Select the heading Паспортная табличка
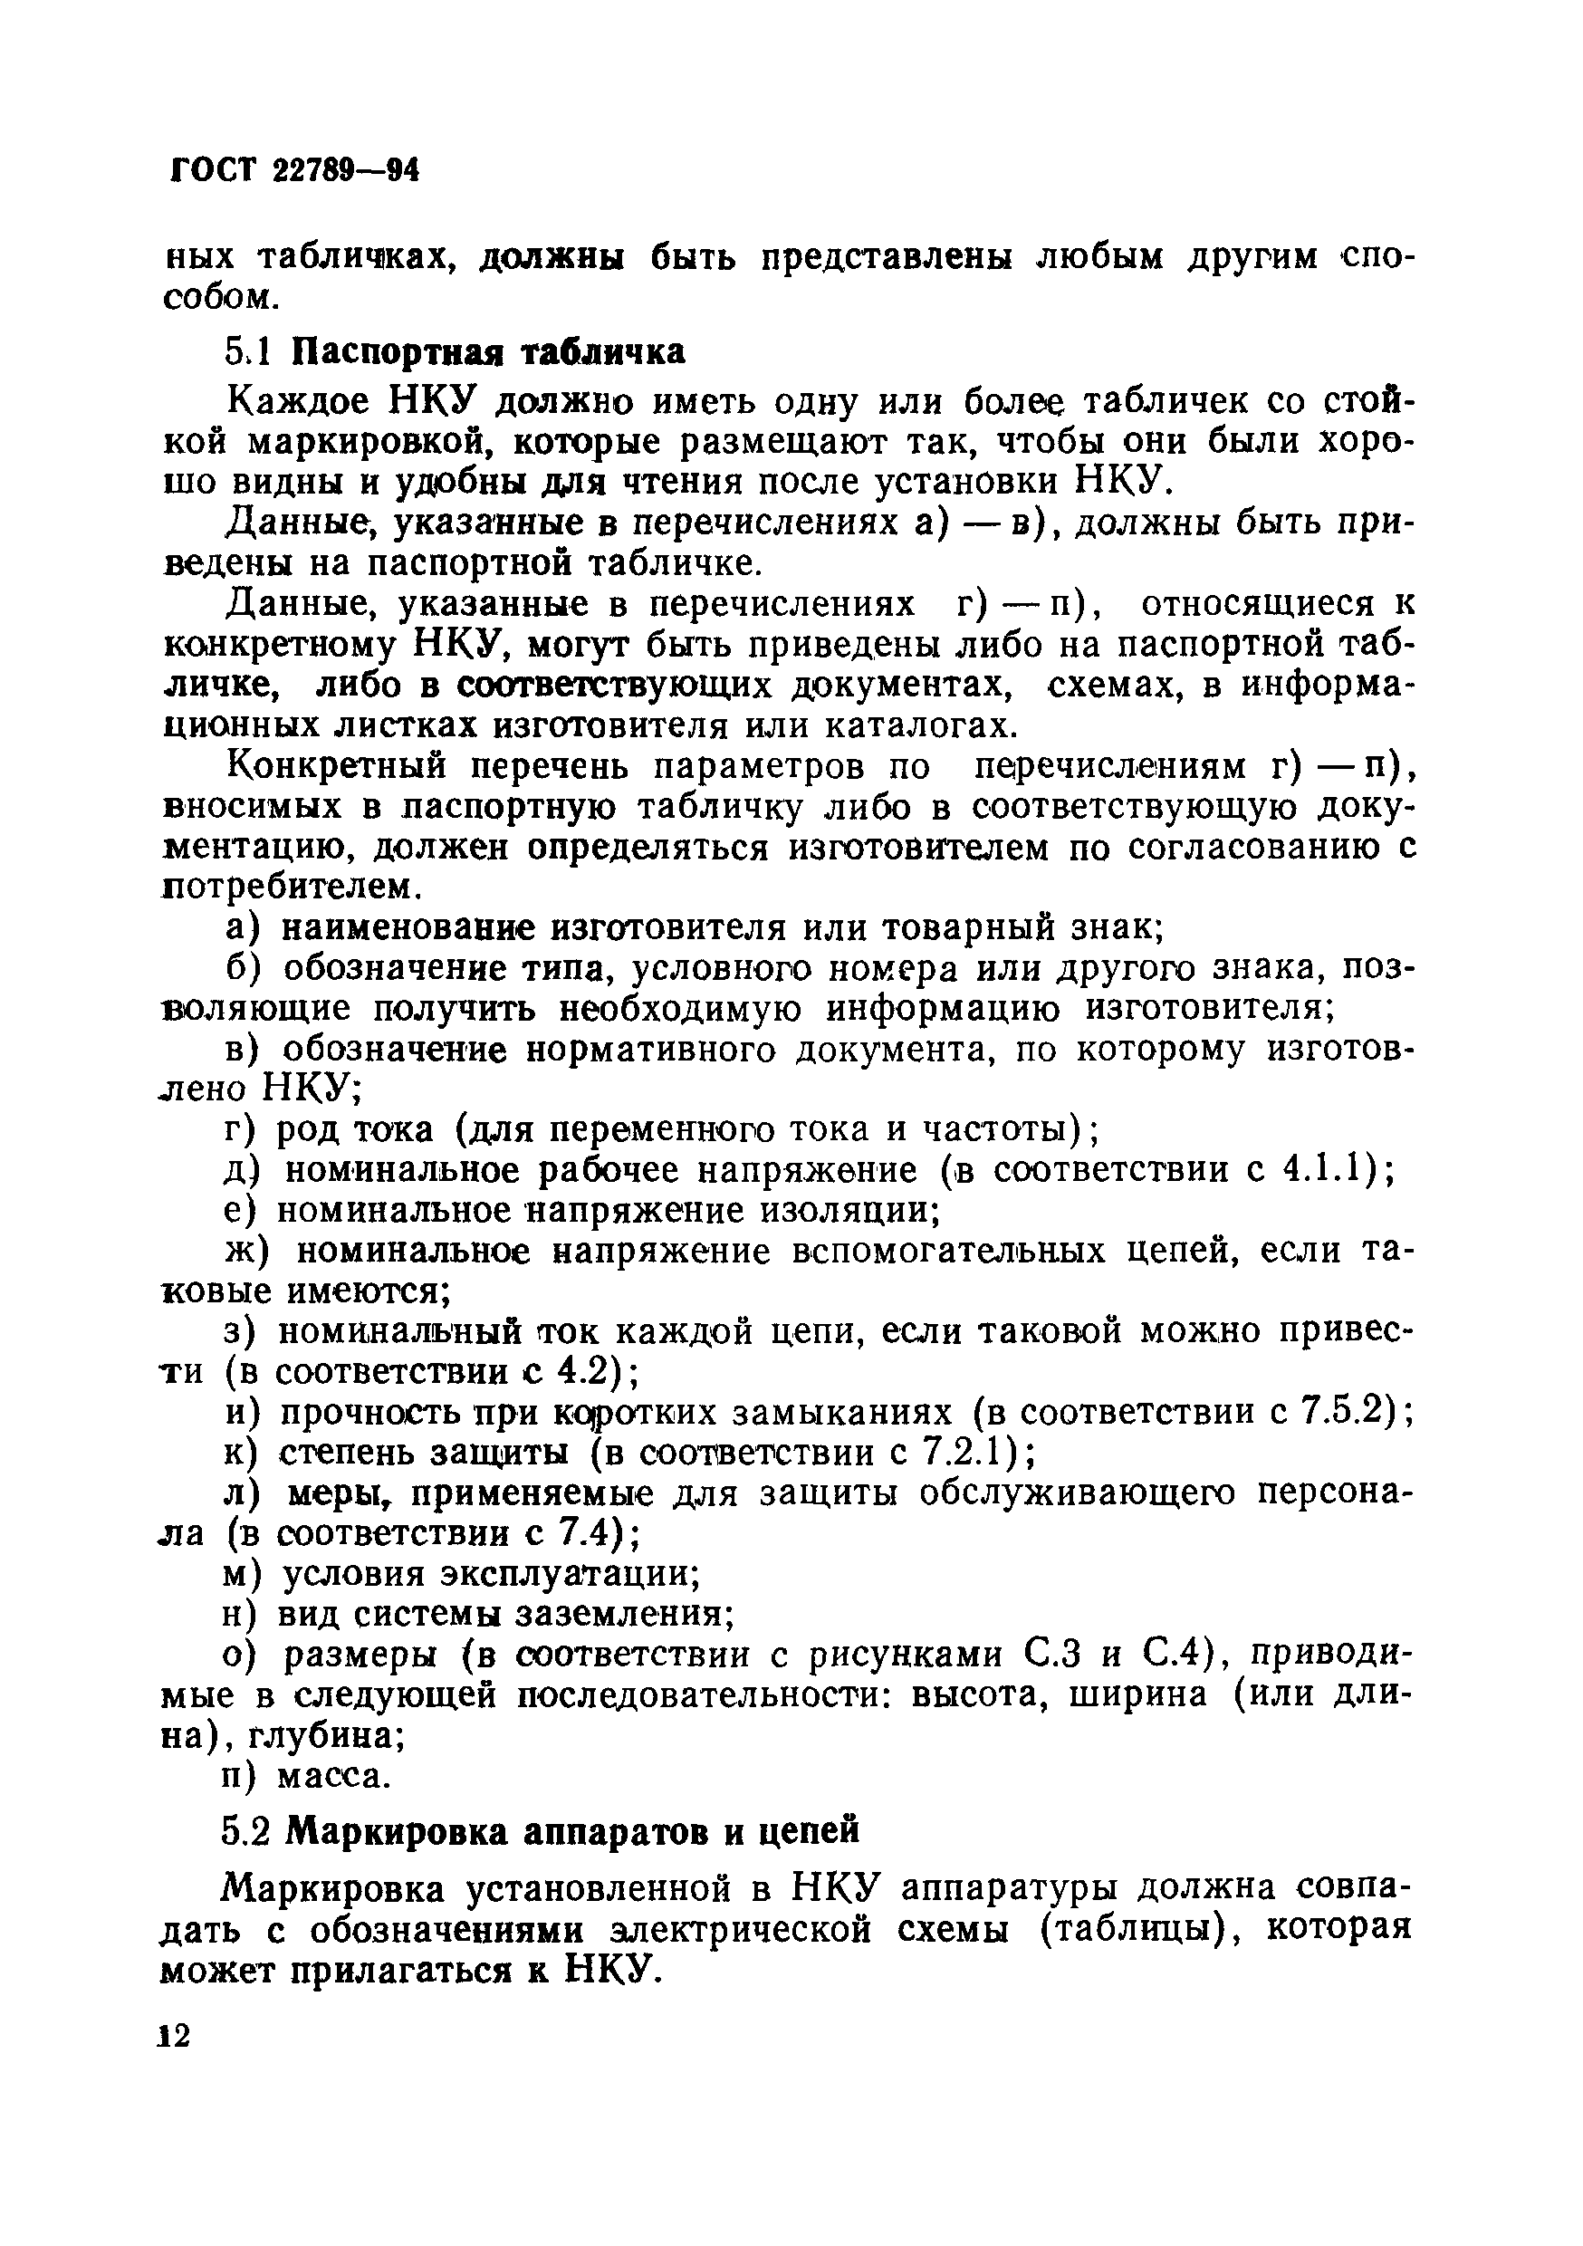[490, 351]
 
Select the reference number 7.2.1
[964, 1453]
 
